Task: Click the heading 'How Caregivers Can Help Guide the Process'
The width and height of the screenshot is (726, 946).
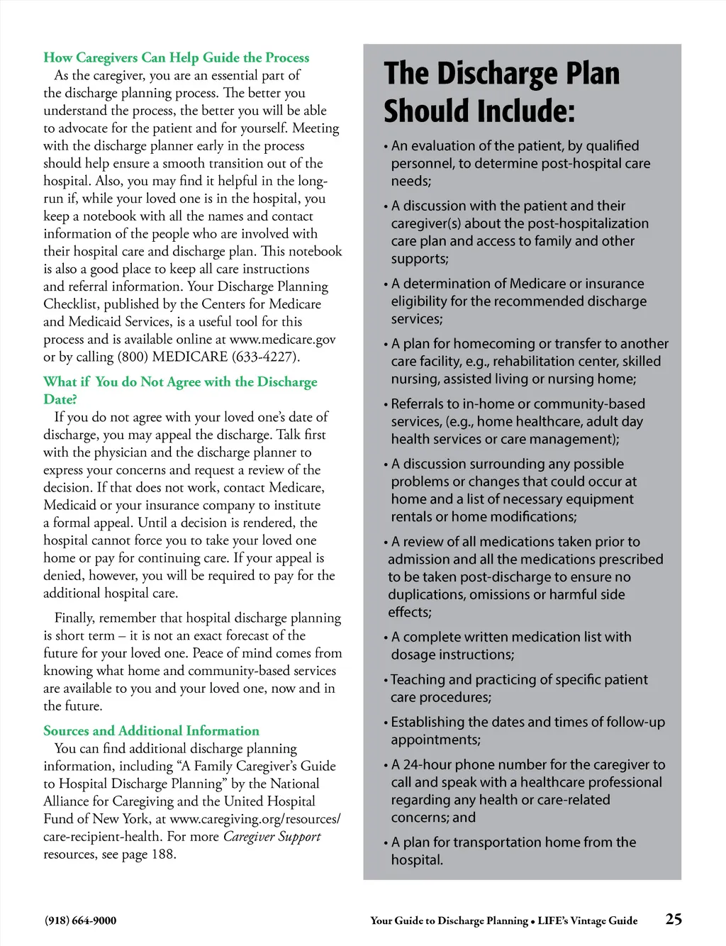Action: pos(176,57)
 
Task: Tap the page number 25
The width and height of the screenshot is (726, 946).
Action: pos(674,919)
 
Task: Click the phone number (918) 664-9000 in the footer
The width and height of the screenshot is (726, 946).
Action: pos(80,920)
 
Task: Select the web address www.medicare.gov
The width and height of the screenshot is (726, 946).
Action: pos(282,339)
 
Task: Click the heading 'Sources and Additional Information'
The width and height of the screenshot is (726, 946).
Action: pos(151,730)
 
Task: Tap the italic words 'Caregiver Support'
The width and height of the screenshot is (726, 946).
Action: pos(272,837)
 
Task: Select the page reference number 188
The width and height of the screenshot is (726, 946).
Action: pos(162,854)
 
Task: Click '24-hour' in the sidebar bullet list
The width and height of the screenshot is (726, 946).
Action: pos(427,764)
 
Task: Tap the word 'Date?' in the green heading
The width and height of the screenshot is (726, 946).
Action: pos(60,399)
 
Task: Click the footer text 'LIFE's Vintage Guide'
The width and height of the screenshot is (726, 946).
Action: pos(587,920)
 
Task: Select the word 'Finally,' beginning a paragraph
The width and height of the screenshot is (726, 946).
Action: pos(74,618)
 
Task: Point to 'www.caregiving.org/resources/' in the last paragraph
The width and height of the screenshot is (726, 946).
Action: pos(255,819)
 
